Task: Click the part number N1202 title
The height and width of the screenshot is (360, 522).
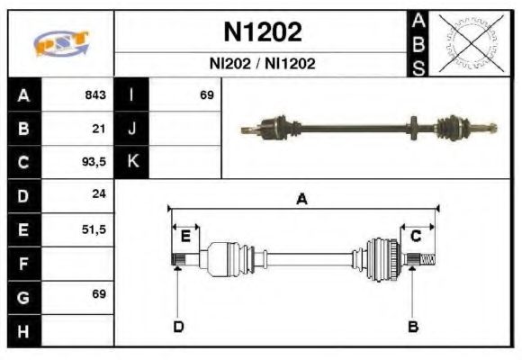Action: point(262,32)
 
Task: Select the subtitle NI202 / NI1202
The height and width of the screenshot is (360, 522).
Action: point(262,65)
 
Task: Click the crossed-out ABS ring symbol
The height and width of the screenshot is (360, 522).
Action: point(467,43)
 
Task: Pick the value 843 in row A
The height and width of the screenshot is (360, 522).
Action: point(95,95)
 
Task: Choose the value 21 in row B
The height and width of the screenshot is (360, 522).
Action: point(99,129)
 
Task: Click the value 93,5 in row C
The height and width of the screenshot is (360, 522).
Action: point(94,162)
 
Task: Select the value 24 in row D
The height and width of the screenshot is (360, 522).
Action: point(99,194)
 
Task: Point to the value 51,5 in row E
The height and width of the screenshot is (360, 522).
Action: point(94,229)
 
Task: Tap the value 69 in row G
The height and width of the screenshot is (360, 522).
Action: point(99,294)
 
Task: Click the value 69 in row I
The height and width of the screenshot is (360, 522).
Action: point(206,95)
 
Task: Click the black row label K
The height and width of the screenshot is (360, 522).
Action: point(131,162)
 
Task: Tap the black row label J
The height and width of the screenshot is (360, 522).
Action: point(131,129)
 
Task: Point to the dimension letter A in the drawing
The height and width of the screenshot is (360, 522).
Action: point(302,200)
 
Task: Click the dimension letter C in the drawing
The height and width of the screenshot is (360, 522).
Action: point(416,236)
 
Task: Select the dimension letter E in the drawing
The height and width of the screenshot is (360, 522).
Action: point(185,236)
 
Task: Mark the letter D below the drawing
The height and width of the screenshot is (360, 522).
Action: point(177,326)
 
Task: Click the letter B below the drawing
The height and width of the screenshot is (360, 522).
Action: point(413,326)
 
